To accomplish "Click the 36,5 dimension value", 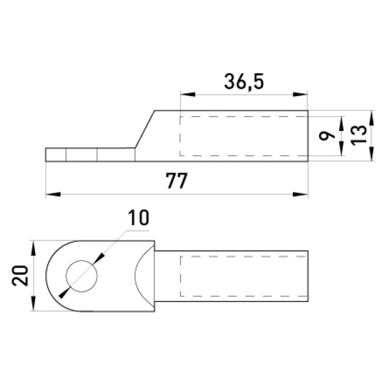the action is pos(244,82).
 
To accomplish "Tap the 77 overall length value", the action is pos(176,181).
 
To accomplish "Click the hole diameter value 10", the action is pos(139,218).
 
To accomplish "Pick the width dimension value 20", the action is pos(20,276).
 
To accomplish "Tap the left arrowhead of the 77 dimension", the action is pos(53,194).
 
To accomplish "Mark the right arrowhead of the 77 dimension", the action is pos(300,194).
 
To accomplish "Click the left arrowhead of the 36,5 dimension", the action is pos(188,94).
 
